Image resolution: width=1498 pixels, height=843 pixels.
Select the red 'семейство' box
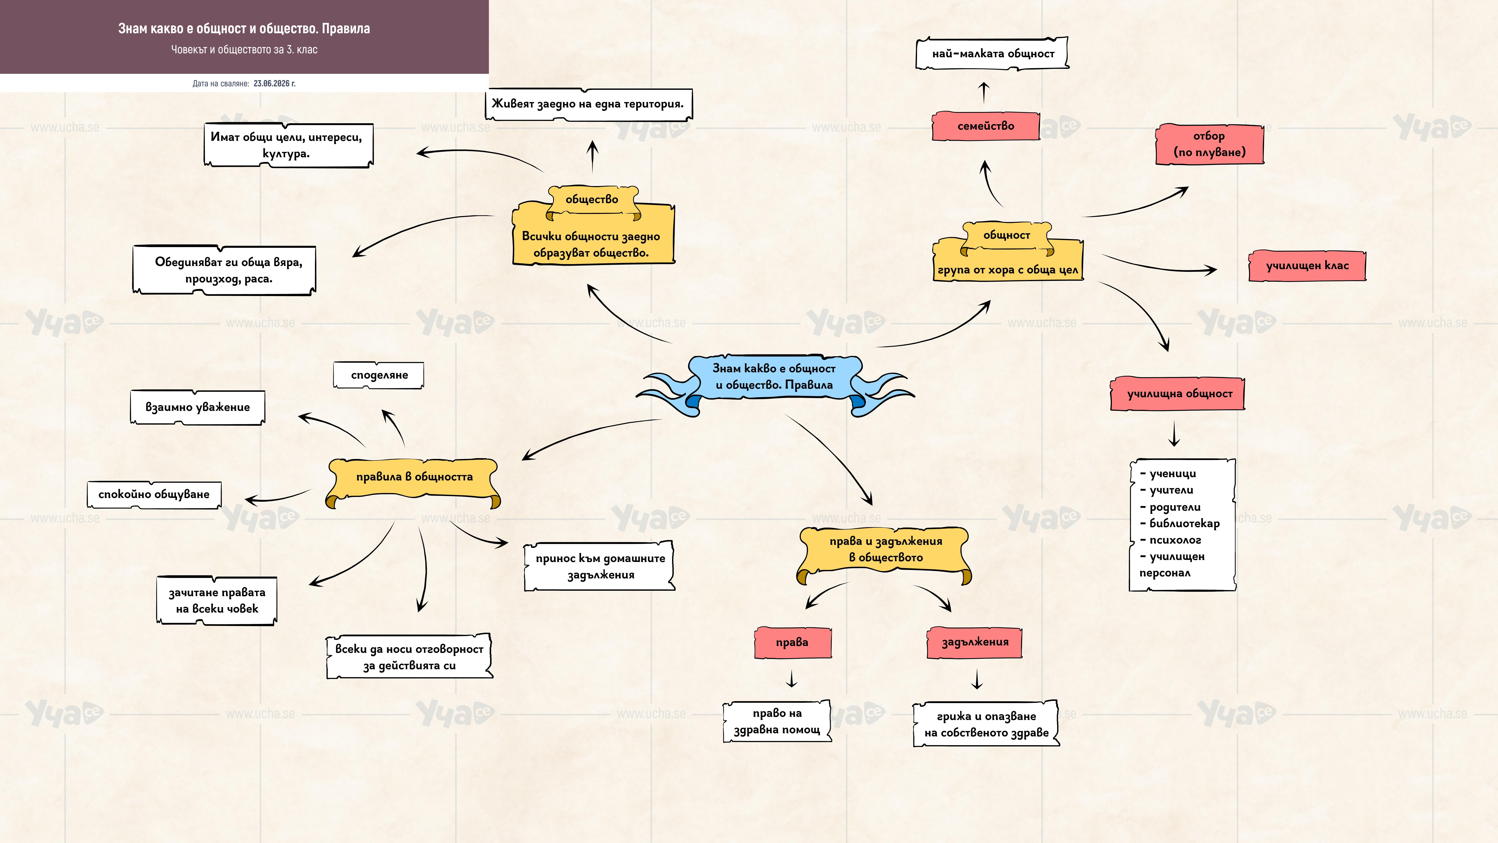coord(986,126)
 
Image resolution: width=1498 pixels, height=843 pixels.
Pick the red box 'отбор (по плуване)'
coord(1210,144)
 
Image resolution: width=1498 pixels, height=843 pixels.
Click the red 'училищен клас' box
coord(1307,266)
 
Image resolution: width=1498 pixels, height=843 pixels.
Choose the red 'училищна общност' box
coord(1179,394)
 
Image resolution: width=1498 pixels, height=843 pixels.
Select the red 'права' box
coord(792,642)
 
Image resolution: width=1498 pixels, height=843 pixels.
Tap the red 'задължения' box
coord(975,642)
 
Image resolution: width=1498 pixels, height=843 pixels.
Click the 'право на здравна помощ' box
coord(777,721)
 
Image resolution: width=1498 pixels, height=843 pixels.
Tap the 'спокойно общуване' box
coord(154,495)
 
